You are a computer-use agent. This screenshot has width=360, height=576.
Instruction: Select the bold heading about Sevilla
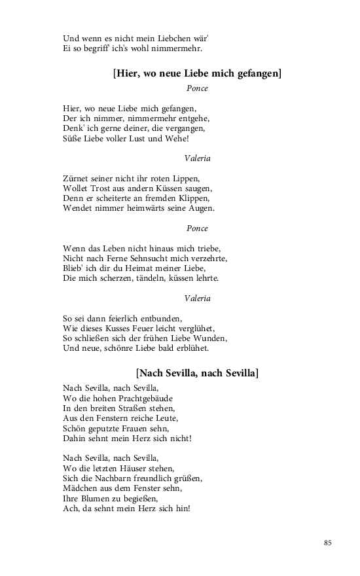point(197,373)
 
